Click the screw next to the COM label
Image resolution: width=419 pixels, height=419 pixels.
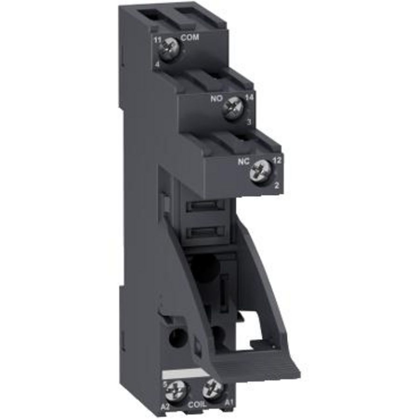[170, 47]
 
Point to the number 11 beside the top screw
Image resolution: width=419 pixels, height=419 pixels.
[157, 41]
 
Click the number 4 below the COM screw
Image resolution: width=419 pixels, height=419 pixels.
[158, 65]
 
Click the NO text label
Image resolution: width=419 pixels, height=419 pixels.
[216, 99]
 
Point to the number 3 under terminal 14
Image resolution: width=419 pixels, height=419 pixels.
[249, 122]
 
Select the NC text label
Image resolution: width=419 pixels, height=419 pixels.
[244, 163]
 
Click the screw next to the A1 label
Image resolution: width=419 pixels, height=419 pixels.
[213, 386]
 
